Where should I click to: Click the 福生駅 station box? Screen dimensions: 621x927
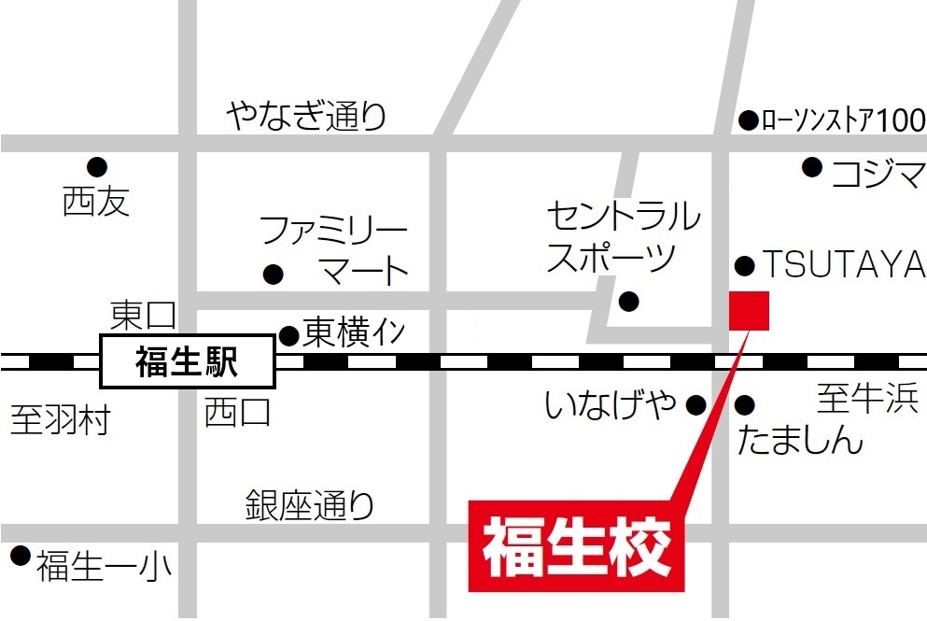click(x=187, y=361)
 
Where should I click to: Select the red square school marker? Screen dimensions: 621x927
click(x=749, y=310)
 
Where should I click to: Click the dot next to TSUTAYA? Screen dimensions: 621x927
click(x=745, y=266)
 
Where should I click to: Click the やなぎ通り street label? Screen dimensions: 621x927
click(x=306, y=117)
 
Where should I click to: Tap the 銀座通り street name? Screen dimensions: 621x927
click(x=310, y=505)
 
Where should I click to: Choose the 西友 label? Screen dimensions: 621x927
click(x=96, y=201)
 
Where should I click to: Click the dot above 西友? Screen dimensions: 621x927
click(x=97, y=167)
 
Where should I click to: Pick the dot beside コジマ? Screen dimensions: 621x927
click(x=812, y=167)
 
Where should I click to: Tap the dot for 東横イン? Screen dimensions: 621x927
click(x=289, y=334)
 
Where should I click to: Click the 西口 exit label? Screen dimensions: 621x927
click(x=237, y=411)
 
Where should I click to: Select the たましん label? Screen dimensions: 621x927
click(x=800, y=439)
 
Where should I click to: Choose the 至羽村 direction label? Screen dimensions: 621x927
click(x=61, y=420)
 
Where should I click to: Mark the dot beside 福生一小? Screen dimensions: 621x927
click(x=21, y=557)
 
